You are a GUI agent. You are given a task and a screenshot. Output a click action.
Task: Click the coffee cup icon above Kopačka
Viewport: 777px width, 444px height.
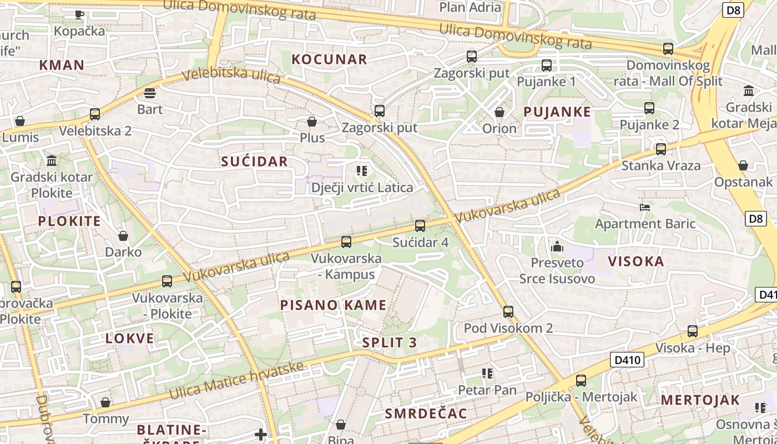click(79, 14)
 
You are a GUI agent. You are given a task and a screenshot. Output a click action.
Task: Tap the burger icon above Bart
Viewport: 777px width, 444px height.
click(149, 93)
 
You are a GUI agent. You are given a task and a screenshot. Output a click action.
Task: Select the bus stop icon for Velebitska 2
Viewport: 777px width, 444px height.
click(95, 114)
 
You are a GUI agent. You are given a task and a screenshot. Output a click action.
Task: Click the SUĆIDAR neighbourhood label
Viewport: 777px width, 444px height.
click(255, 162)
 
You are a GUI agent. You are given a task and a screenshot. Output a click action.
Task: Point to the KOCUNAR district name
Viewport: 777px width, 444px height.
click(330, 59)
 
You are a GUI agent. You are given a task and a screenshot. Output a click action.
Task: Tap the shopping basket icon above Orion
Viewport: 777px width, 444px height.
click(500, 112)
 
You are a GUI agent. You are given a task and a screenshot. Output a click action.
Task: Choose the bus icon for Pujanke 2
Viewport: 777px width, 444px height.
click(649, 108)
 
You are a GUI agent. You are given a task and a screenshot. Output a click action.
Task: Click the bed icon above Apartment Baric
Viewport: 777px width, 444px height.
click(645, 208)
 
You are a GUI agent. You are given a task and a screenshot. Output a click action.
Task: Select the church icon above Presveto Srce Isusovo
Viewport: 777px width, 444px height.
click(557, 246)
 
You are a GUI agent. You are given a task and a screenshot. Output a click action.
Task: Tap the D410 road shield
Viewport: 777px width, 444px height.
click(628, 360)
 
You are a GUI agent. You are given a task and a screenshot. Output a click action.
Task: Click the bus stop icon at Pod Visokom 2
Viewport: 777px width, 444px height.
click(508, 311)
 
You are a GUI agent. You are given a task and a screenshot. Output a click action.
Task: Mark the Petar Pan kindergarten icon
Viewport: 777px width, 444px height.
click(487, 374)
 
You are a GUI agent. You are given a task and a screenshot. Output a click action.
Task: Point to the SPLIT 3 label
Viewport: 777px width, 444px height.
click(390, 342)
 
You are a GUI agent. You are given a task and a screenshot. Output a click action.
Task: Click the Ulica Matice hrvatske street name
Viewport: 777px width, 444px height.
click(237, 381)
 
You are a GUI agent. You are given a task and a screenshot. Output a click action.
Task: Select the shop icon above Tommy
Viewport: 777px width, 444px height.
click(105, 402)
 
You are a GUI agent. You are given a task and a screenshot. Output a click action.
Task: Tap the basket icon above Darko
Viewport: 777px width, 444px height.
click(123, 236)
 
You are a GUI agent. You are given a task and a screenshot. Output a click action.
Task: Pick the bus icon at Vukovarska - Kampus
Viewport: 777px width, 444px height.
click(346, 242)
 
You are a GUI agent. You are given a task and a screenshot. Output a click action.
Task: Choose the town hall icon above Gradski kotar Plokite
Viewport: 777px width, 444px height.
click(52, 161)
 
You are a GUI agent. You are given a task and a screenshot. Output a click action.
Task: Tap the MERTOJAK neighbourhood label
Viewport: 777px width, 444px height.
click(700, 400)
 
